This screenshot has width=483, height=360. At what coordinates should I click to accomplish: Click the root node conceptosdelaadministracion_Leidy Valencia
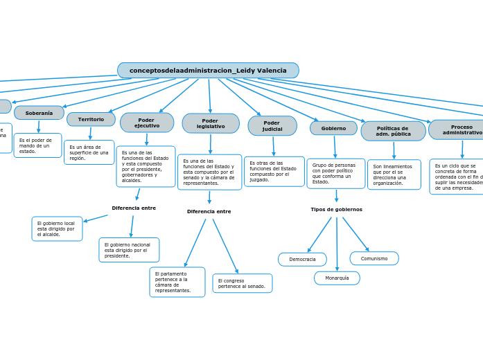208,71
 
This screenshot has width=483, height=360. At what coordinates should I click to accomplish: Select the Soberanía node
39,113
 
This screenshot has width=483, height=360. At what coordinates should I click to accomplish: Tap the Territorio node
91,119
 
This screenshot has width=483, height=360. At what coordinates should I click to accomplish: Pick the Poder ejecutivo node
146,123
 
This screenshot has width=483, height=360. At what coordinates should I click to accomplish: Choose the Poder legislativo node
211,123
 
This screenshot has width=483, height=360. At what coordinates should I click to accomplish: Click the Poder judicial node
272,126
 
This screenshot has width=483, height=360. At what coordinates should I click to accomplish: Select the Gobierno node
333,128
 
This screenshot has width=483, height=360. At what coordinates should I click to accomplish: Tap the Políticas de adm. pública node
393,131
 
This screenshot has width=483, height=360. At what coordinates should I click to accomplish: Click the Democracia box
302,260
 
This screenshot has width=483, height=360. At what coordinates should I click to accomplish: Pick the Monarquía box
337,278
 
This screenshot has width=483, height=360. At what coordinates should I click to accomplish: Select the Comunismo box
374,258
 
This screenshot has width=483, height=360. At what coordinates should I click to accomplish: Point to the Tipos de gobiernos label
336,209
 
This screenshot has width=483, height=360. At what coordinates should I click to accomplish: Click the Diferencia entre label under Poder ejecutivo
134,208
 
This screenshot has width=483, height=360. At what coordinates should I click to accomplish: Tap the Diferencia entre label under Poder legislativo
209,211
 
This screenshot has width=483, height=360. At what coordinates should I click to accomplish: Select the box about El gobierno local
57,229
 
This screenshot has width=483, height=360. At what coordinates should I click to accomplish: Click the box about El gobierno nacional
129,250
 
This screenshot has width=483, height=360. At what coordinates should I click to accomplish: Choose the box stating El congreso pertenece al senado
242,283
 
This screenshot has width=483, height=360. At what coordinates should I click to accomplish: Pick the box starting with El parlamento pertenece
177,282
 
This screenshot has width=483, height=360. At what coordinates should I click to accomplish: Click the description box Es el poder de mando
37,145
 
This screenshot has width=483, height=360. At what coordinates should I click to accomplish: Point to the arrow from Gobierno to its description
335,147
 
